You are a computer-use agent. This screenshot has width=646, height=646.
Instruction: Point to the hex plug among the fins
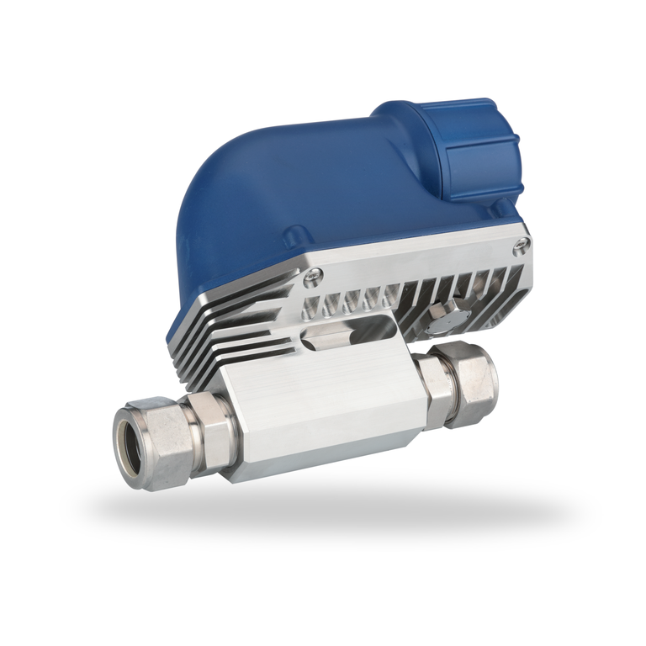tap(442, 315)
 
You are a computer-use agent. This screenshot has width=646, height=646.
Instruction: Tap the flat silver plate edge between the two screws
tap(421, 257)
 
